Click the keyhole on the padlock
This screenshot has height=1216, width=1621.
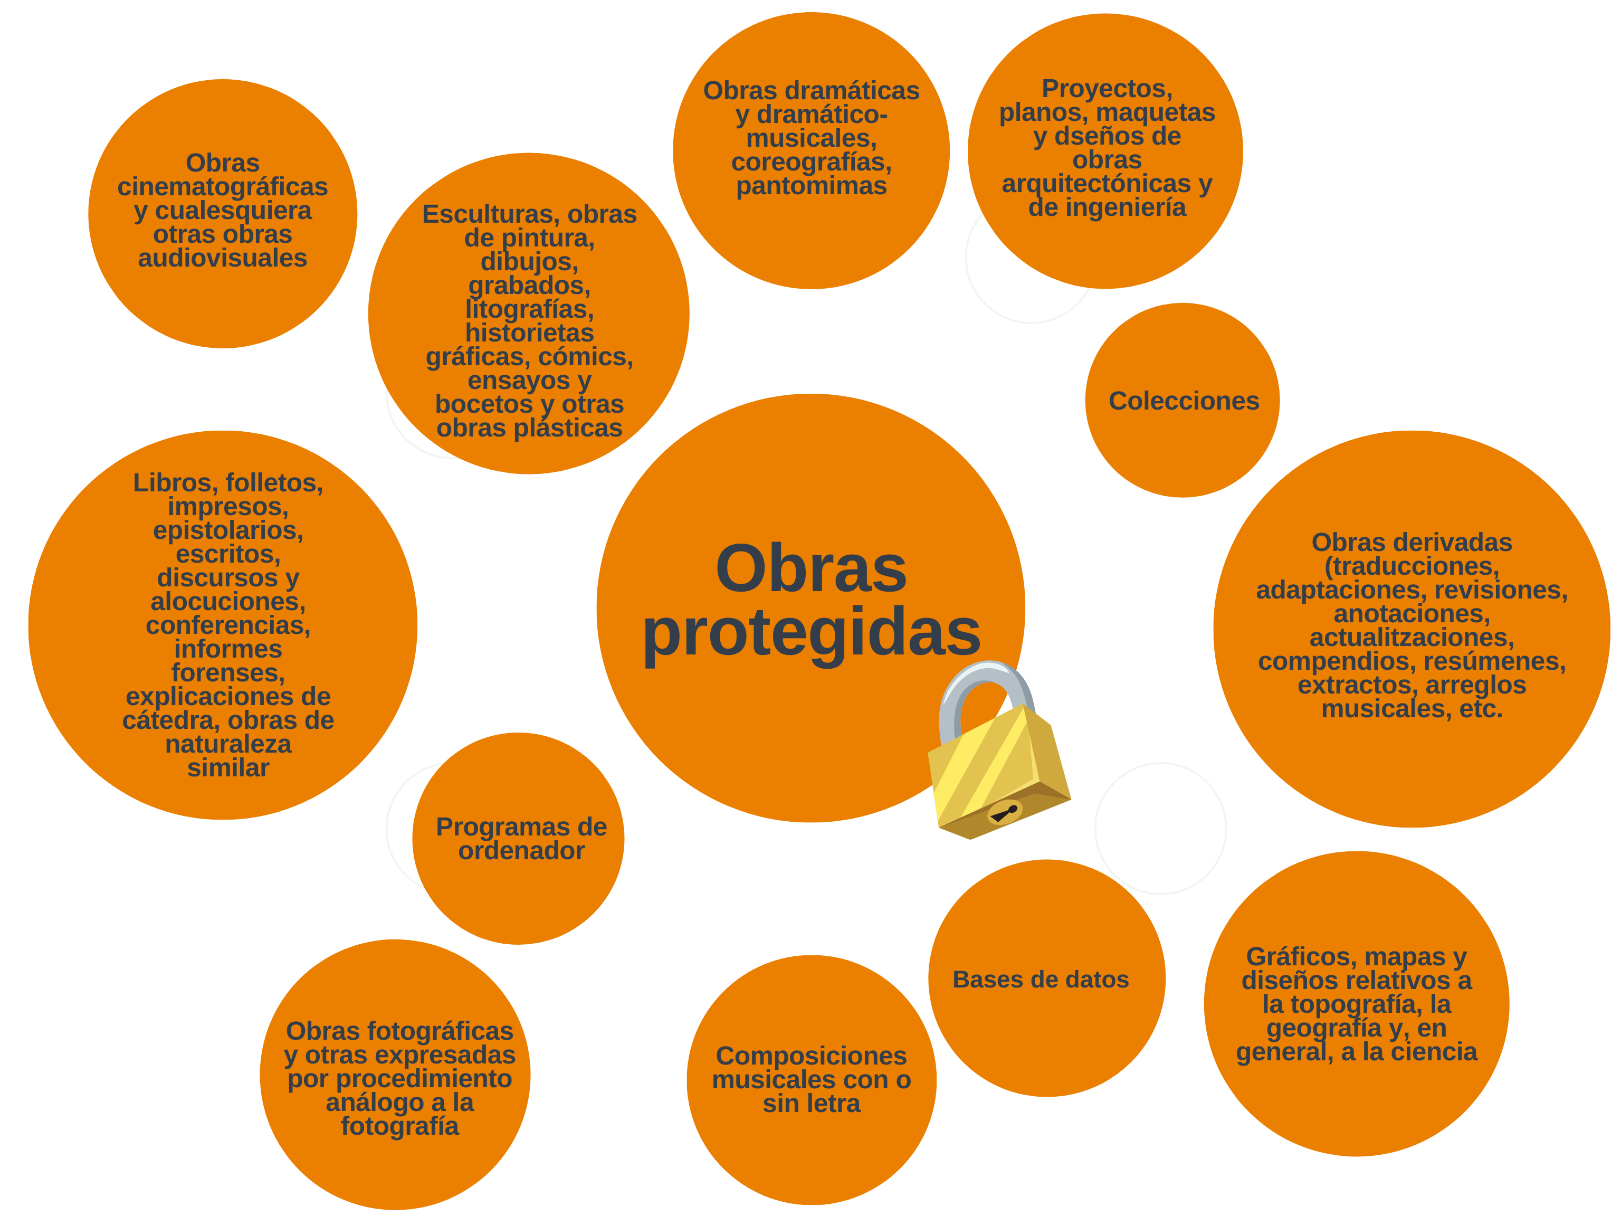coord(1005,812)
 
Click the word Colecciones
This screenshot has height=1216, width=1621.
coord(1184,401)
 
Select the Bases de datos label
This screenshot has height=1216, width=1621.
coord(1041,979)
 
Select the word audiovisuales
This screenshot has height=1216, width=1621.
coord(222,258)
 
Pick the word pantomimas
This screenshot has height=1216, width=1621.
coord(811,186)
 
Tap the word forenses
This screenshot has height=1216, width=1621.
coord(227,673)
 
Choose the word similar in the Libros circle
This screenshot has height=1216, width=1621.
coord(228,768)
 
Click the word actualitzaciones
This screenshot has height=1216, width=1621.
coord(1412,638)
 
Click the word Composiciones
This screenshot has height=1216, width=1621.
coord(811,1056)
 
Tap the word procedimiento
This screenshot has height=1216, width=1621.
coord(399,1079)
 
